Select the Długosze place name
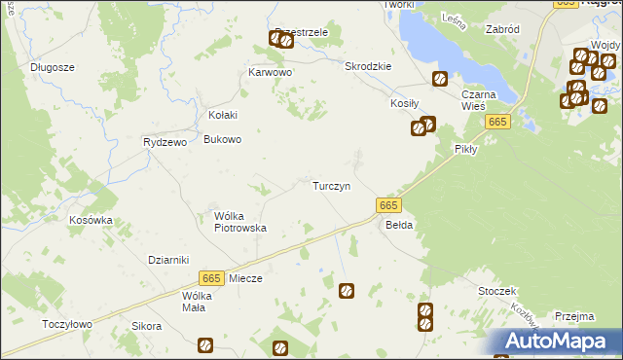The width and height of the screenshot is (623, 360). coord(53,67)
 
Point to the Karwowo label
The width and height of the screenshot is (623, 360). coord(270,72)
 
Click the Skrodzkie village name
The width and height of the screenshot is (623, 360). coord(368,66)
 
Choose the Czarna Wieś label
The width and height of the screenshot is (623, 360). coord(479,100)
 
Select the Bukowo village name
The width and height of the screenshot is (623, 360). coord(222,139)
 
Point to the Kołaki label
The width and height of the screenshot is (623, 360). coord(223,115)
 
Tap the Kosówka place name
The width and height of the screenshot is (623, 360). coord(91,220)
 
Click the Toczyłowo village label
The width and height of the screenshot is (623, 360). coord(67,324)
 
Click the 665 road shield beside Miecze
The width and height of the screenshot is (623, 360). coord(211,277)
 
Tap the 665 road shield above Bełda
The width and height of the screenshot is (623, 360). coord(387,205)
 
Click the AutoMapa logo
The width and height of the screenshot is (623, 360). coord(560,341)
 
